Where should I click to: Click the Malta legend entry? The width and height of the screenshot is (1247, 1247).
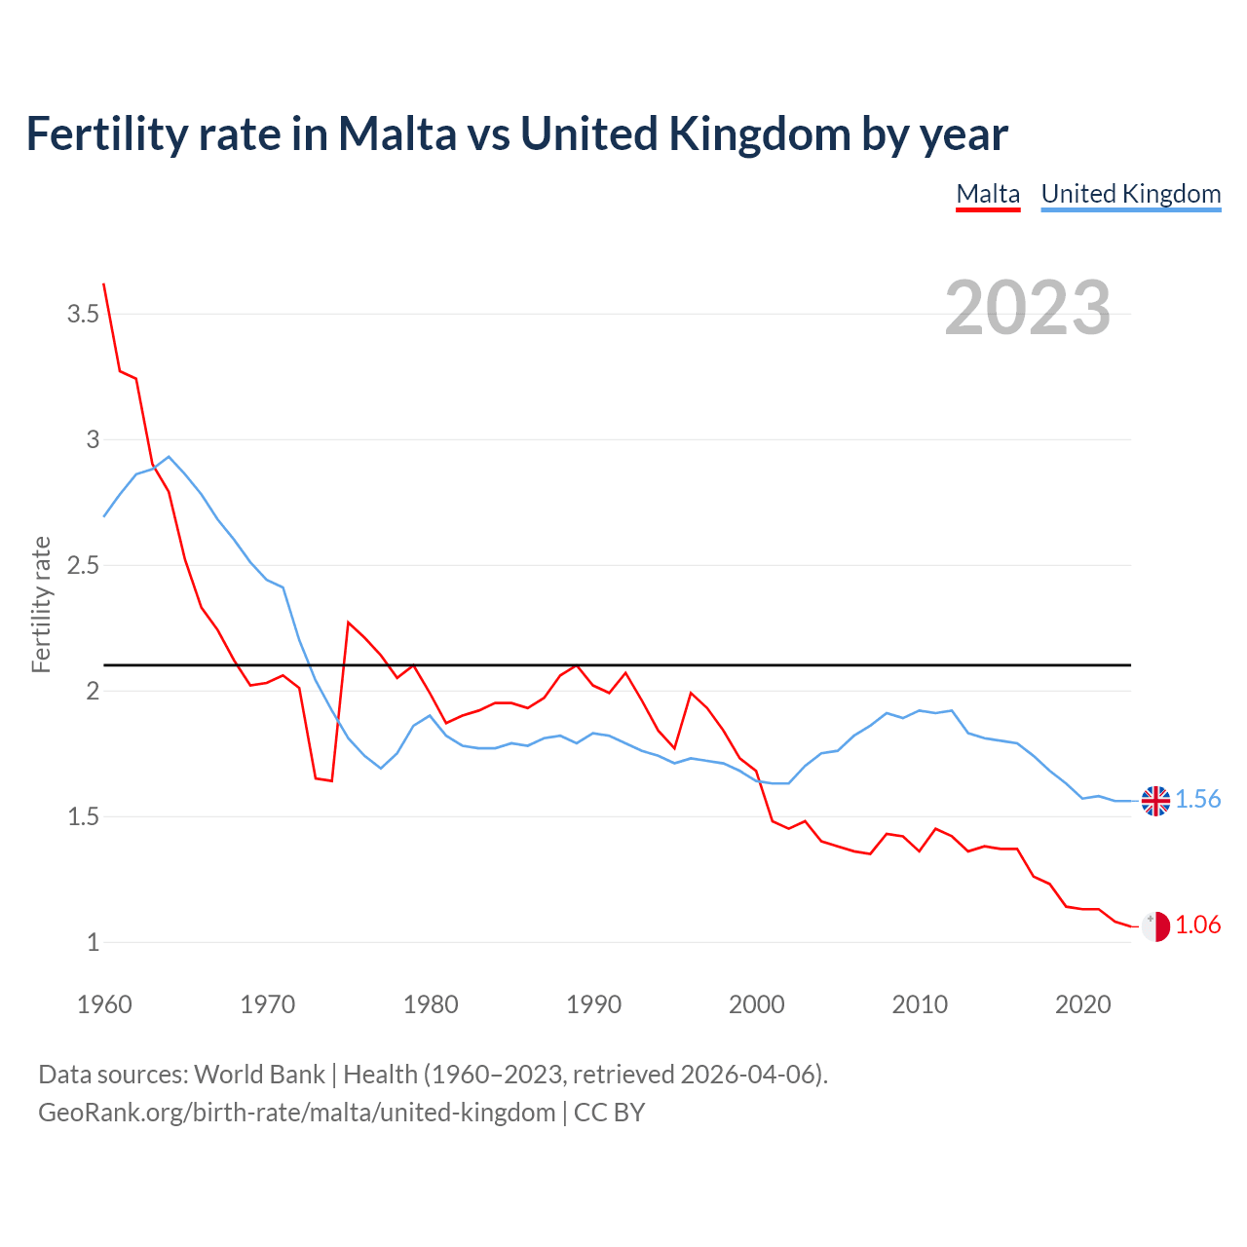click(x=988, y=194)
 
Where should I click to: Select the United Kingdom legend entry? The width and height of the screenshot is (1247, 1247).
click(x=1130, y=194)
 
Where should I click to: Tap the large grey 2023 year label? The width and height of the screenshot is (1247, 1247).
click(x=1027, y=308)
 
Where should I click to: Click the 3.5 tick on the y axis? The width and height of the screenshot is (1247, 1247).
click(x=83, y=314)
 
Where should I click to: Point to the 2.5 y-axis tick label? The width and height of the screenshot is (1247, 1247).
click(x=83, y=565)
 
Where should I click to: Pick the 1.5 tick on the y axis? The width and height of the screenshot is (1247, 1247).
click(x=83, y=816)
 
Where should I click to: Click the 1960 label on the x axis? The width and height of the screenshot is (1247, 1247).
click(x=104, y=1004)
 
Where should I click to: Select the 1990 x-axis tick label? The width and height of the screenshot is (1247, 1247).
click(x=593, y=1004)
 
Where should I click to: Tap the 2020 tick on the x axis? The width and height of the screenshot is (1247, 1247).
click(x=1082, y=1004)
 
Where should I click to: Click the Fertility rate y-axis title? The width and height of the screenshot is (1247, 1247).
click(x=41, y=604)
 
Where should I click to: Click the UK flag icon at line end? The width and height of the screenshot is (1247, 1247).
click(x=1155, y=801)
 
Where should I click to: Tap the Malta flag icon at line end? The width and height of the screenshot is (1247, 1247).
click(x=1155, y=926)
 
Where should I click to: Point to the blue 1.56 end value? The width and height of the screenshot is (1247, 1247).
click(x=1197, y=800)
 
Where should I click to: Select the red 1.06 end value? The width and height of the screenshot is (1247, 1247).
click(x=1197, y=926)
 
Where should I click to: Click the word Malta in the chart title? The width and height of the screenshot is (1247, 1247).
click(x=397, y=133)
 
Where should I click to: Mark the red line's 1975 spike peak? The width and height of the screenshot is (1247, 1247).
click(x=349, y=623)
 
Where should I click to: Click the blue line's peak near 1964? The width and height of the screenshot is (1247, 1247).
click(x=169, y=457)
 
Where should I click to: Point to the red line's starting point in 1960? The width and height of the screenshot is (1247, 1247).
click(x=104, y=284)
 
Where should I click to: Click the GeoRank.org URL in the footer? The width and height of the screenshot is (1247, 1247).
click(x=296, y=1113)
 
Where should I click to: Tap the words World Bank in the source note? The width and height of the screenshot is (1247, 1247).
click(x=259, y=1075)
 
